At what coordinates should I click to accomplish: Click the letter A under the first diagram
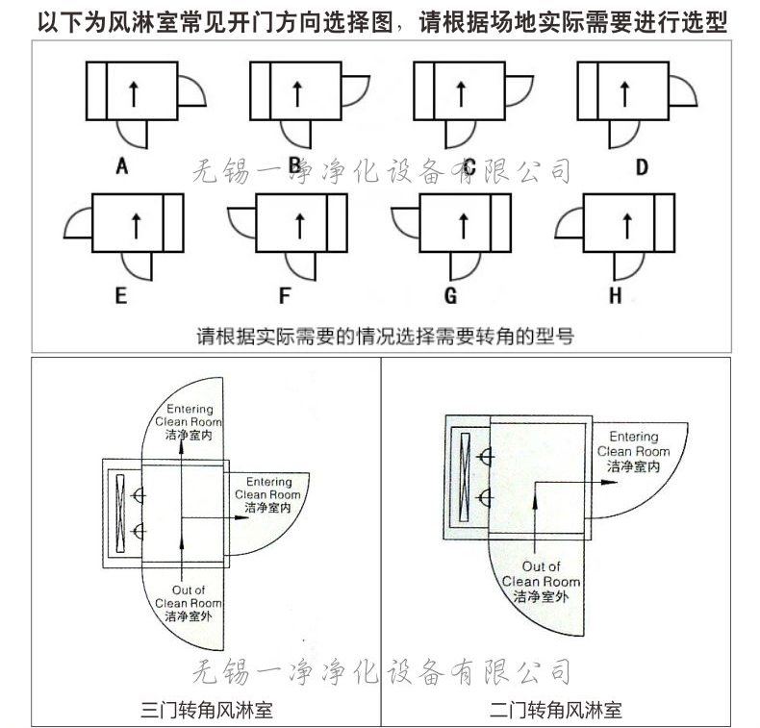click(x=122, y=167)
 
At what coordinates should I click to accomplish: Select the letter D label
click(x=642, y=167)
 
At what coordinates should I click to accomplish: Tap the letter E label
click(x=120, y=295)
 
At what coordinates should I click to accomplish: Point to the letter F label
click(x=284, y=295)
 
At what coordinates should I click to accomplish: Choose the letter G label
click(x=449, y=295)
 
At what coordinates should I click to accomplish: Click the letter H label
click(x=615, y=295)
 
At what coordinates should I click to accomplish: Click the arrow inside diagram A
click(x=134, y=93)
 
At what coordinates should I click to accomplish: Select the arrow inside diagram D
click(x=625, y=93)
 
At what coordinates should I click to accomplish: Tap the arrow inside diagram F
click(x=299, y=223)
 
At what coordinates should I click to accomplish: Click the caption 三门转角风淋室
click(x=207, y=711)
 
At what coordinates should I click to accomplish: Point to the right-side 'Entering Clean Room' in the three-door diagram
click(x=268, y=494)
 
